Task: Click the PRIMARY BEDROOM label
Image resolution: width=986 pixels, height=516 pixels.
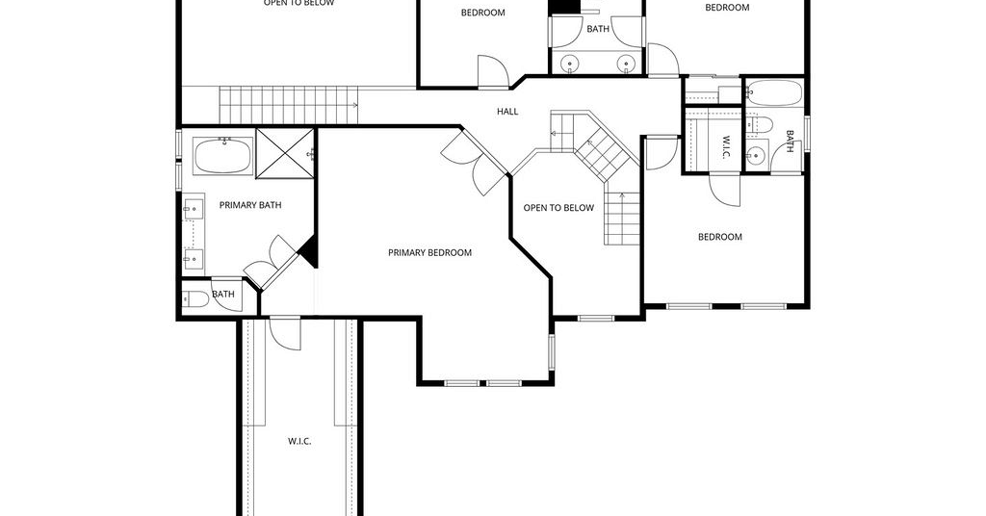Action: click(x=429, y=252)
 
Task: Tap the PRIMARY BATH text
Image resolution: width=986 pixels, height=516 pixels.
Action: click(x=249, y=205)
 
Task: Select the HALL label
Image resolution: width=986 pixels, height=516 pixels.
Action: click(x=507, y=112)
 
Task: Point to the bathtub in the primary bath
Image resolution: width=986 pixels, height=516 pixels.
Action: click(x=223, y=156)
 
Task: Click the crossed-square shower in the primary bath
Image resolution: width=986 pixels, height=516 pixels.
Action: click(x=285, y=153)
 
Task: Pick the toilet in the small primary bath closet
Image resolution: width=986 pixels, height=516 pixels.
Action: click(x=195, y=299)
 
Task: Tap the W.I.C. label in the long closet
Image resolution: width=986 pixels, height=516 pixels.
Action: click(x=299, y=441)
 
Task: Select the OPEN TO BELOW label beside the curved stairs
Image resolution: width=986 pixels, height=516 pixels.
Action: click(x=558, y=208)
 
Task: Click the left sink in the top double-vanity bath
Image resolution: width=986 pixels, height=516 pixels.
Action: click(x=571, y=64)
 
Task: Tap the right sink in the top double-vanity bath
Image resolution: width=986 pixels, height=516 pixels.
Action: click(x=626, y=64)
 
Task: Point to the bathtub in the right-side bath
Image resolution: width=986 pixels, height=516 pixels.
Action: click(x=775, y=92)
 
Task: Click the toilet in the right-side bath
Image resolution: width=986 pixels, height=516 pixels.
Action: click(x=759, y=123)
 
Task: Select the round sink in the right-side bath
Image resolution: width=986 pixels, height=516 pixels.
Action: click(x=756, y=153)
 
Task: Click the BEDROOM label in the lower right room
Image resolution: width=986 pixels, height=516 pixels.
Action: click(x=720, y=237)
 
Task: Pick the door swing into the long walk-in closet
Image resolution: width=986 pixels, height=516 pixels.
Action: click(x=285, y=334)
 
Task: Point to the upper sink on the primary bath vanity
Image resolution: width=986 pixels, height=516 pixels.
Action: click(x=193, y=207)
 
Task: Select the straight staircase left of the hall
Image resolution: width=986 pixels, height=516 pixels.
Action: click(x=288, y=105)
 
